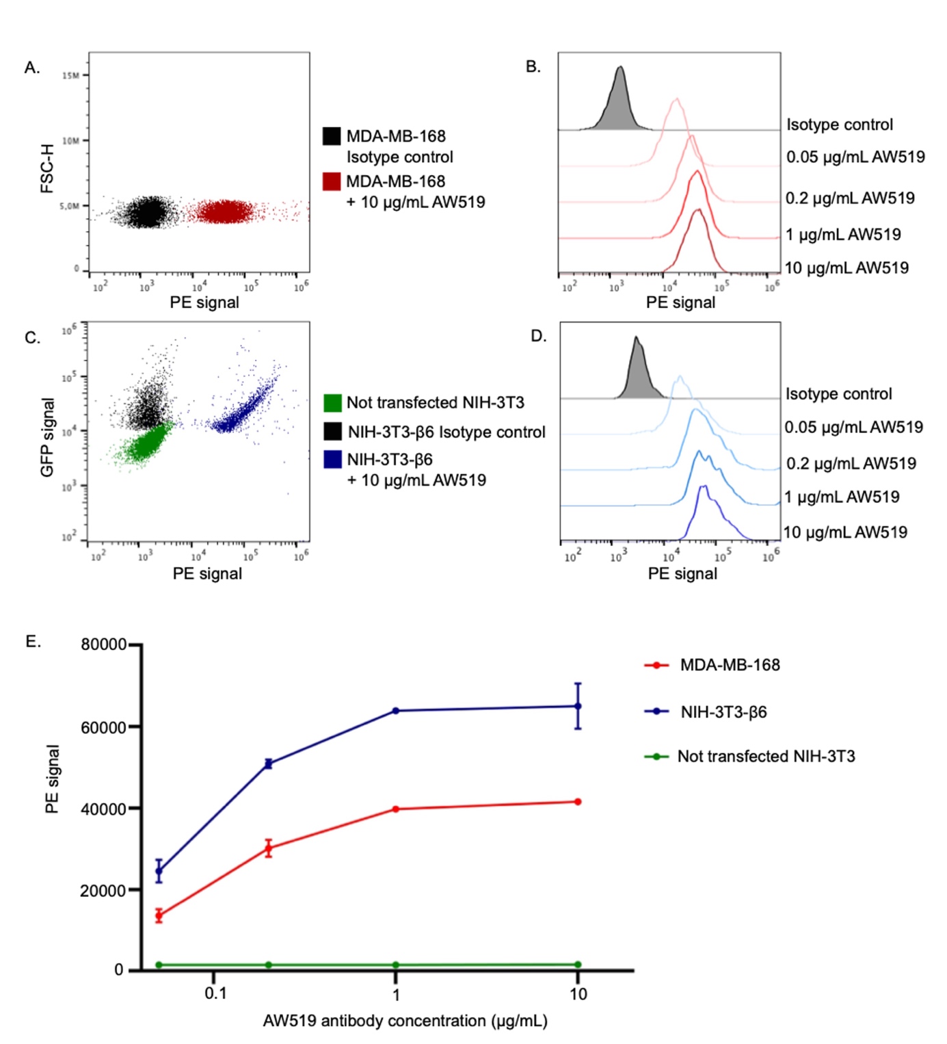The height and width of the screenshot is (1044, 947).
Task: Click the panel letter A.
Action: (x=31, y=67)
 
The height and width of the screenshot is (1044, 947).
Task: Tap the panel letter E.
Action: (x=33, y=641)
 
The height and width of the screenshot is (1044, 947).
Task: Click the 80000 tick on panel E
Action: (x=103, y=644)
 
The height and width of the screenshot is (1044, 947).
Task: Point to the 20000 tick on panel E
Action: (x=103, y=890)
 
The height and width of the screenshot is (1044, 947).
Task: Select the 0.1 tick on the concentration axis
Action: (x=215, y=993)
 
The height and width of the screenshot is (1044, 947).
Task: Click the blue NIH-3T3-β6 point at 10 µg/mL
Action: (x=578, y=706)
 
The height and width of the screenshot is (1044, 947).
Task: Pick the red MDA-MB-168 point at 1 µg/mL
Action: (x=396, y=809)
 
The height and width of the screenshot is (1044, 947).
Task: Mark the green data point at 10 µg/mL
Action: (x=578, y=965)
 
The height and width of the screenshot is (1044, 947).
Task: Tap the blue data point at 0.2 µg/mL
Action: (x=269, y=764)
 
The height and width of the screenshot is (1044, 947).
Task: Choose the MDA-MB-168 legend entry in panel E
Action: (x=730, y=665)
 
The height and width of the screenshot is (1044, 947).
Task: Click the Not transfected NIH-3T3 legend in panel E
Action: (x=766, y=756)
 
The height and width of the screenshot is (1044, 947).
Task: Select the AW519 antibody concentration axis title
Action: (x=405, y=1021)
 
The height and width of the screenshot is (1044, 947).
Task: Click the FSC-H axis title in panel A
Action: (x=46, y=169)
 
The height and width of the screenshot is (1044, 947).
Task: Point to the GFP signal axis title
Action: (x=46, y=437)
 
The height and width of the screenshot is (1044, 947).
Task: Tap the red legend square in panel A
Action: (x=332, y=181)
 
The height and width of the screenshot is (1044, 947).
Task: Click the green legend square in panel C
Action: (x=332, y=402)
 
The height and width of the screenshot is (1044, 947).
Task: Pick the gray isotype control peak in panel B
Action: (x=619, y=103)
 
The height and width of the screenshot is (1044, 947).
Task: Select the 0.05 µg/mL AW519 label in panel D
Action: (x=853, y=428)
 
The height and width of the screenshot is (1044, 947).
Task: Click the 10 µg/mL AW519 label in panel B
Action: (x=846, y=268)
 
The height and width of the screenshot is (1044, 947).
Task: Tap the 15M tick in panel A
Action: (x=70, y=75)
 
